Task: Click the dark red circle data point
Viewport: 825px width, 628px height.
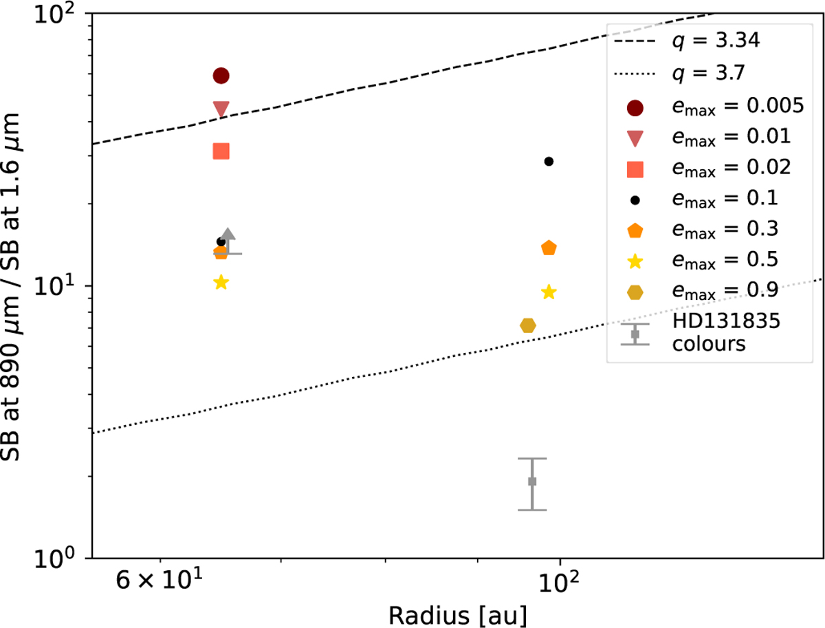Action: tap(221, 75)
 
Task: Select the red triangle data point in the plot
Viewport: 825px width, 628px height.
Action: tap(221, 109)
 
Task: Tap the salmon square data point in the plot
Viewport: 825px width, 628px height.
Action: tap(221, 151)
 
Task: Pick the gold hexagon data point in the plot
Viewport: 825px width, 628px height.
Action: tap(528, 325)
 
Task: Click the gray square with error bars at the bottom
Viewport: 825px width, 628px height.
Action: tap(532, 481)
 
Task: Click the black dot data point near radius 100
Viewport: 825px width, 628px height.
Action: tap(549, 161)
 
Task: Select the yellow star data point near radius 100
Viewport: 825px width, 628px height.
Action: tap(549, 292)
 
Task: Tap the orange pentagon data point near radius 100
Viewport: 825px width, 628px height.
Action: tap(549, 248)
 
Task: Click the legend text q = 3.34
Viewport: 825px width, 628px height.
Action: tap(716, 41)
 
